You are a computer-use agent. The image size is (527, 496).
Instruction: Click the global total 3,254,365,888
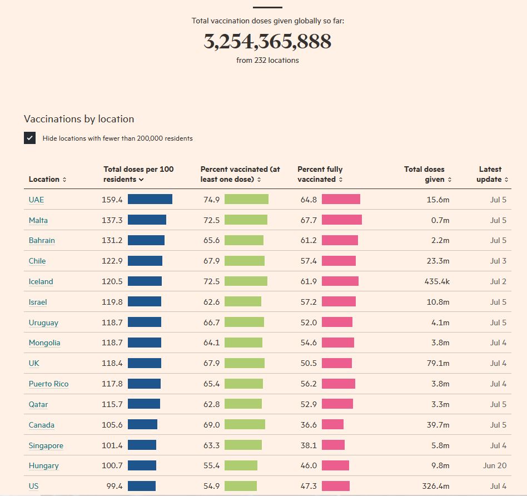[267, 42]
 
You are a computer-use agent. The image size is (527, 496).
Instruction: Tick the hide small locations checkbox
[30, 138]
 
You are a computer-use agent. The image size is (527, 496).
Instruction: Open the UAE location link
[36, 200]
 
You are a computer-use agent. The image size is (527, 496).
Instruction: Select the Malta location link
[38, 220]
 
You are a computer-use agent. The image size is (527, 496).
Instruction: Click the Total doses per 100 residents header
[138, 174]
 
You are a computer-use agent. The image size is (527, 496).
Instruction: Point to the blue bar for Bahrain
[146, 240]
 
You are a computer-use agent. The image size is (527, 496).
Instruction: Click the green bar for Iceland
[246, 281]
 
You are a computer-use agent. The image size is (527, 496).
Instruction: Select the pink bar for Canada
[332, 425]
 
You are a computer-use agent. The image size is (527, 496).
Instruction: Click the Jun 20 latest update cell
[495, 465]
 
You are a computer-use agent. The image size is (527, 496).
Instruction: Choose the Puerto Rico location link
[48, 384]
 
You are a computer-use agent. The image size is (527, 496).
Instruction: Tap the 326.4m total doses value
[436, 486]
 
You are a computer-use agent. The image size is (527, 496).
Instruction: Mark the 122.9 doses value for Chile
[112, 261]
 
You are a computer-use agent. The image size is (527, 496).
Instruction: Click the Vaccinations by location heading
[79, 119]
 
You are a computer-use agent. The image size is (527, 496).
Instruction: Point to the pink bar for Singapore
[333, 445]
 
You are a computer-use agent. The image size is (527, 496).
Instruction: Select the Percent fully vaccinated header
[320, 174]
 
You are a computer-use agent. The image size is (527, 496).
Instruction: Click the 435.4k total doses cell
[437, 281]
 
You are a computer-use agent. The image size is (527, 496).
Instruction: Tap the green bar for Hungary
[241, 465]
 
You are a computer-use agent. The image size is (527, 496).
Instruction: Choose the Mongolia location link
[44, 343]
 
